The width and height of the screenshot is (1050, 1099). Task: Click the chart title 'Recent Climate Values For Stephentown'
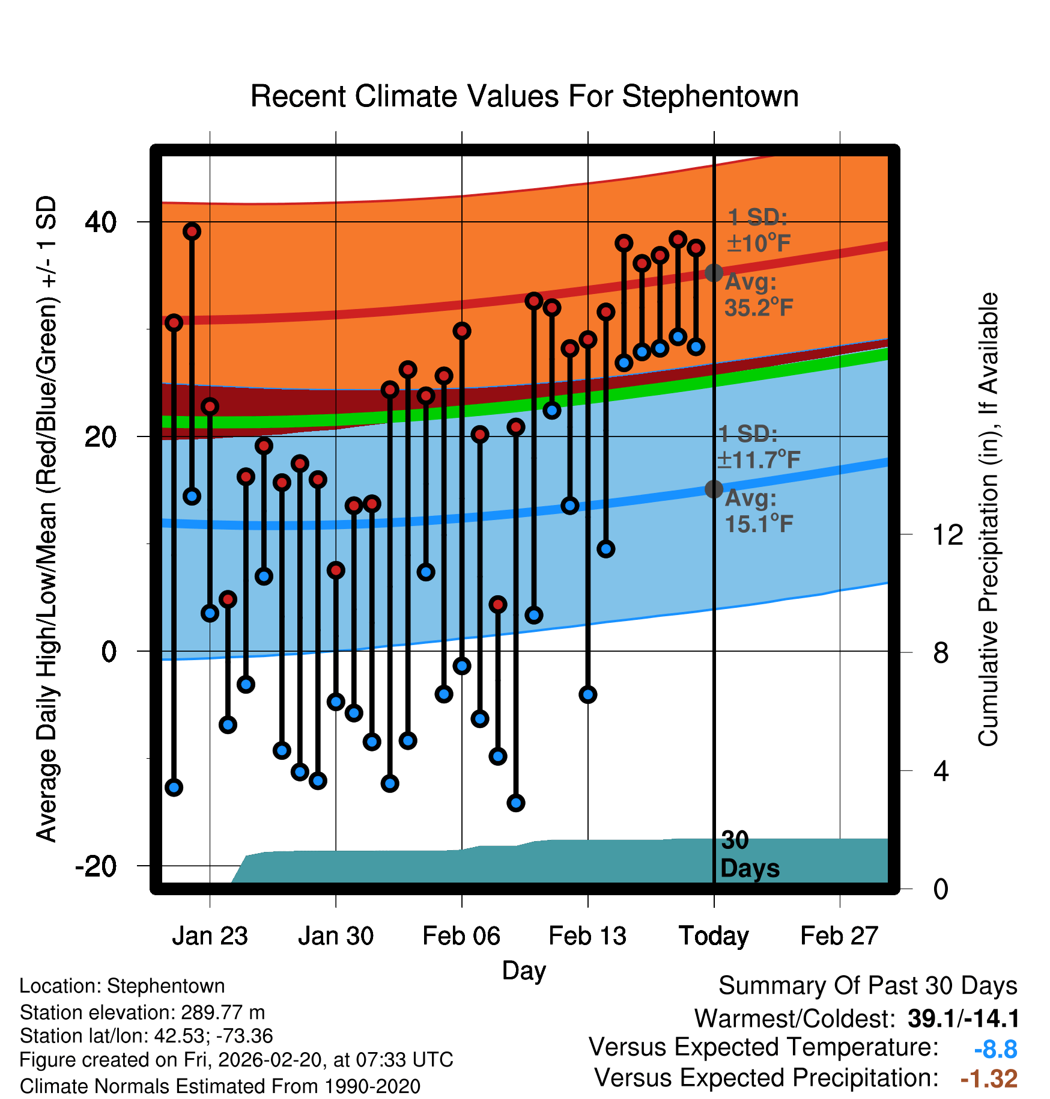(524, 96)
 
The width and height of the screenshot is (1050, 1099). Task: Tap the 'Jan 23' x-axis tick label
(210, 936)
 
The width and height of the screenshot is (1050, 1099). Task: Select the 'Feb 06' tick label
(461, 936)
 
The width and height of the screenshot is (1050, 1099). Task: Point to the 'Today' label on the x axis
(714, 936)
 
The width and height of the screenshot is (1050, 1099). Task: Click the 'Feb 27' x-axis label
(839, 936)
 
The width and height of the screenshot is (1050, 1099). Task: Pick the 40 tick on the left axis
(100, 222)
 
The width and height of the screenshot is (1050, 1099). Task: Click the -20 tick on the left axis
(96, 866)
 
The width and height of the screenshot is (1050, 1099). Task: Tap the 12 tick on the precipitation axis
(947, 534)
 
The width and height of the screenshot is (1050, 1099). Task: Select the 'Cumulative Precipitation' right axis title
(988, 520)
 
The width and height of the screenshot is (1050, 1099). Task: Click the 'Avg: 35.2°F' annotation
(758, 295)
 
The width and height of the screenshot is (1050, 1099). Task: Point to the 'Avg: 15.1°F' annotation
(758, 512)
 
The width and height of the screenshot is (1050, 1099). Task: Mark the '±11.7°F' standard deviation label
(758, 460)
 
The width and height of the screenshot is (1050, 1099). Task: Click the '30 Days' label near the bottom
(748, 854)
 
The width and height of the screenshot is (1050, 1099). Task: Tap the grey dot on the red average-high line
(714, 273)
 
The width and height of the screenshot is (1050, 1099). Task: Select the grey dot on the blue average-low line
(714, 489)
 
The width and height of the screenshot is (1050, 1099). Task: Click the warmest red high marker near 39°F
(192, 231)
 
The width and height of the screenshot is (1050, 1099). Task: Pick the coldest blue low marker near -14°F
(515, 803)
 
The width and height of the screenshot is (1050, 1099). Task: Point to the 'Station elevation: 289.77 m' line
(142, 1012)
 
